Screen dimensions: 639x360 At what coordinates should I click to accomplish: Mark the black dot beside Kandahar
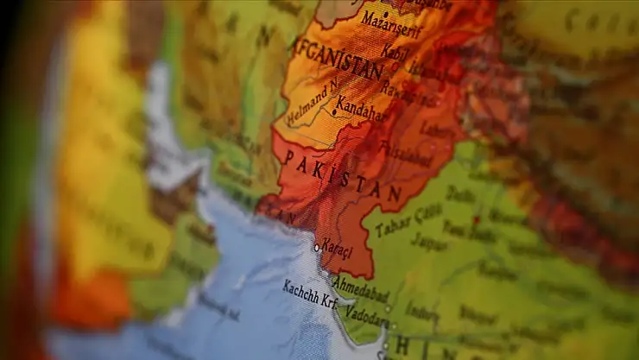point(334,111)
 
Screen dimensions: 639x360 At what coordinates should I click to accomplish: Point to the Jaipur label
point(429,243)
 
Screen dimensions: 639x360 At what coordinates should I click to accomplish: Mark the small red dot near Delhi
point(475,220)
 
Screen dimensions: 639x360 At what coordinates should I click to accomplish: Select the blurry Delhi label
point(461,195)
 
